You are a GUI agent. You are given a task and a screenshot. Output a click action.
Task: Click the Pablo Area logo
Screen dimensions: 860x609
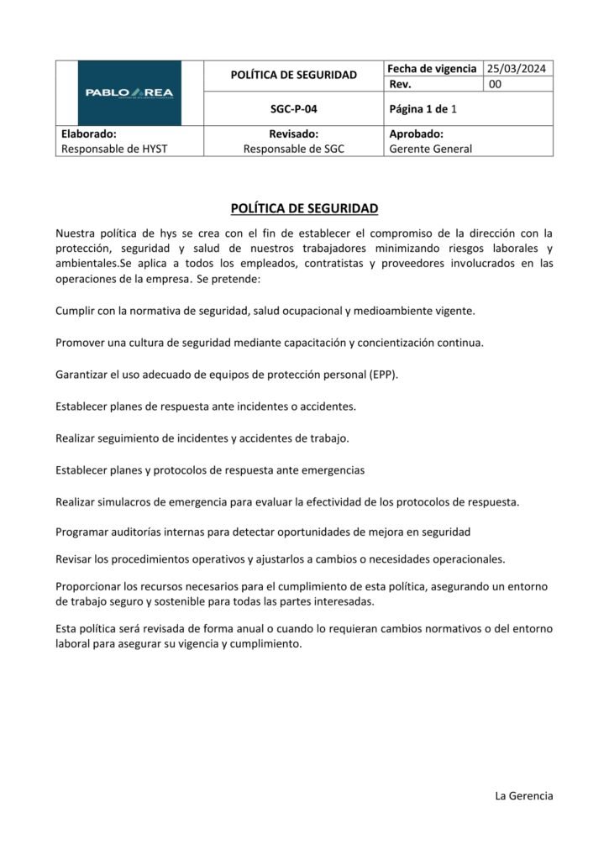coord(129,92)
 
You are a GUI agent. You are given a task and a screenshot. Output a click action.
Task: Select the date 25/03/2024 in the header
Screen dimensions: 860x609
coord(518,69)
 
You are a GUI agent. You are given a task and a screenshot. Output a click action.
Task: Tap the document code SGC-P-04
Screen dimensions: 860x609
coord(293,109)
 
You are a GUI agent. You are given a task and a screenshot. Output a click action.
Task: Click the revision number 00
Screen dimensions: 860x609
coord(495,84)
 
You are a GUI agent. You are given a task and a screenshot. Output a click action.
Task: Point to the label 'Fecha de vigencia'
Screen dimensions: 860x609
coord(432,69)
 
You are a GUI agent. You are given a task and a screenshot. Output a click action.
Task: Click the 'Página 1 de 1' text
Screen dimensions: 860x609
coord(423,109)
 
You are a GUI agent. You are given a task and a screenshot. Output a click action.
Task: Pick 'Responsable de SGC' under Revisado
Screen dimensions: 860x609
coord(293,149)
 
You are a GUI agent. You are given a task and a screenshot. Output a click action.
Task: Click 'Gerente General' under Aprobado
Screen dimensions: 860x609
coord(431,149)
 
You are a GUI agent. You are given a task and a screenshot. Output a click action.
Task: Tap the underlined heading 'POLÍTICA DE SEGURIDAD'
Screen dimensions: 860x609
coord(304,207)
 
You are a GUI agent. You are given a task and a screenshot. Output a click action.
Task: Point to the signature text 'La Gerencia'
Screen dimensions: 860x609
coord(524,795)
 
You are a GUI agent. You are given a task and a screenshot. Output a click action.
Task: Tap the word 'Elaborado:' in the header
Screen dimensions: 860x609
coord(89,134)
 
